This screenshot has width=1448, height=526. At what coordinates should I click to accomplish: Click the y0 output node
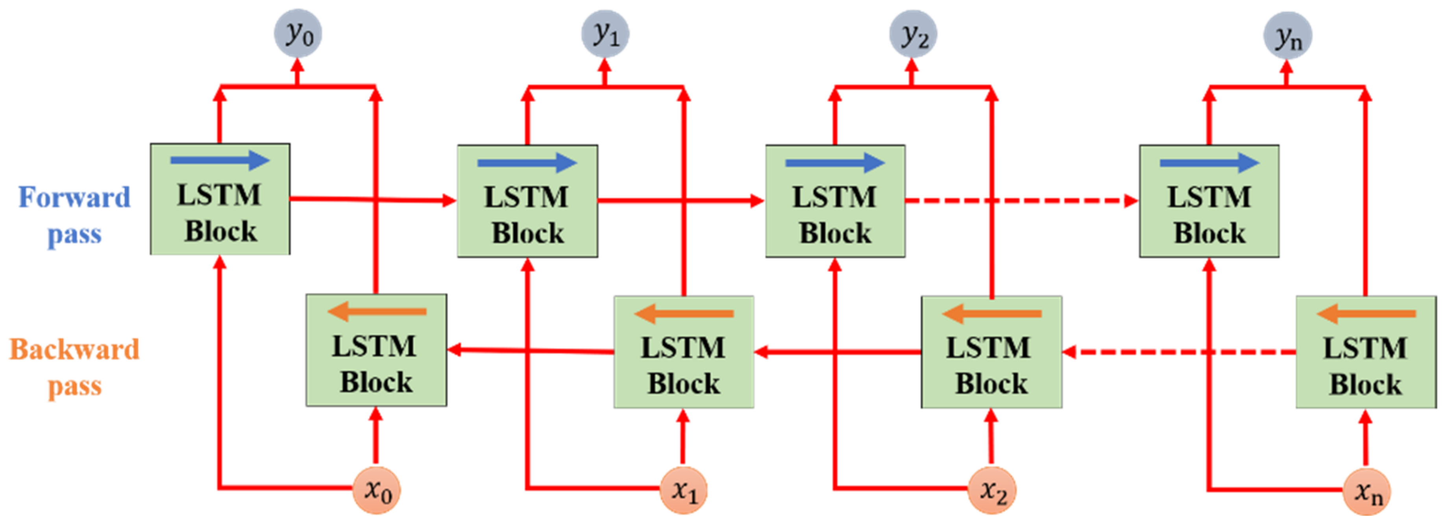(298, 34)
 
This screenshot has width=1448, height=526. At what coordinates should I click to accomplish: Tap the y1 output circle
(605, 34)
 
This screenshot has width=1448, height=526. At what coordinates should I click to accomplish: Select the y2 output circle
(912, 34)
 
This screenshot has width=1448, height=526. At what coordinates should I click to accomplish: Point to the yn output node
(1287, 35)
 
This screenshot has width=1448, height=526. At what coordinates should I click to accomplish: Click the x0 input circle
(376, 490)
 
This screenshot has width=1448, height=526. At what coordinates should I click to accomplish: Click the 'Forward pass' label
(74, 215)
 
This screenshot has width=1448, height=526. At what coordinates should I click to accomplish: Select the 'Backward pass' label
(74, 367)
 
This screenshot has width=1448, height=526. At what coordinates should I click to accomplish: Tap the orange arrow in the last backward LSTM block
(1365, 313)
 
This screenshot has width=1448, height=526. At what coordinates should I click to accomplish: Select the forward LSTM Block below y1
(527, 201)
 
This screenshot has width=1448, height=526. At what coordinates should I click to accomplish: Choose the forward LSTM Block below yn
(1209, 201)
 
